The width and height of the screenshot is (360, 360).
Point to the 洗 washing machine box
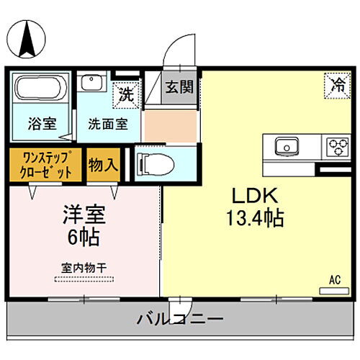pos(125,94)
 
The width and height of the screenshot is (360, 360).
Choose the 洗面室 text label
pos(108,122)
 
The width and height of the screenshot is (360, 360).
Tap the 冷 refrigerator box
pos(337,84)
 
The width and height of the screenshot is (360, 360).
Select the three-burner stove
pos(336,146)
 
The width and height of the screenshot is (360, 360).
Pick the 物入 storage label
pos(103,164)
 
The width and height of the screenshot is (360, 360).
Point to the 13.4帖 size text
pos(256,218)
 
